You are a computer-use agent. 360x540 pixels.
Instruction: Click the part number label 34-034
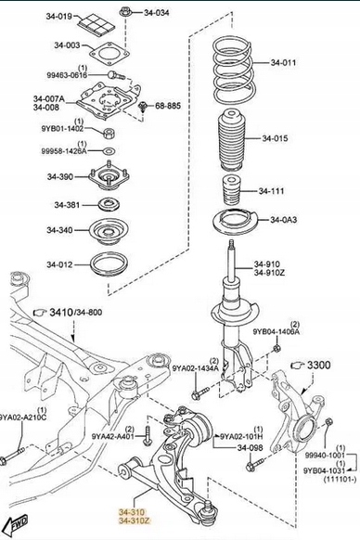pos(157,13)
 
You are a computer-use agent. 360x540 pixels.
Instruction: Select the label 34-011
pos(283,63)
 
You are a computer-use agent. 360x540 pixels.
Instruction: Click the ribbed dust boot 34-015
pos(232,140)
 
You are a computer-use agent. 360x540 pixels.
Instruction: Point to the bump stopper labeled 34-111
pos(230,191)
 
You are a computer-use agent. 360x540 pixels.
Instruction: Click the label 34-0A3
pos(283,220)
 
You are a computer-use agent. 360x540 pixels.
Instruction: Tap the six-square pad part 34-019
pos(93,23)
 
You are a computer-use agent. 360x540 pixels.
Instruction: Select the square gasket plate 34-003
pos(109,54)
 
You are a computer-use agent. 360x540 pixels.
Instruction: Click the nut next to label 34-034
pos(125,13)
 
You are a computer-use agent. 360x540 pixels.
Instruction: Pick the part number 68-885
pos(168,106)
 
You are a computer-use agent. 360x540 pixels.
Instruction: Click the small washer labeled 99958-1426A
pos(109,151)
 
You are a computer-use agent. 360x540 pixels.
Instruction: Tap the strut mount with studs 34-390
pos(109,177)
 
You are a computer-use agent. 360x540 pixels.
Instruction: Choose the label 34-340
pos(60,230)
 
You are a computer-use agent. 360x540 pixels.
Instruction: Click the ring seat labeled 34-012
pos(109,265)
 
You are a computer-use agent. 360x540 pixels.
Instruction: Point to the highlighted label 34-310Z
pos(135,521)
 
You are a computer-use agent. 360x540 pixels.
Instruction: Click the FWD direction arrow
pos(18,524)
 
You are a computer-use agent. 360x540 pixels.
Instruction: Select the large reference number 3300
pos(318,365)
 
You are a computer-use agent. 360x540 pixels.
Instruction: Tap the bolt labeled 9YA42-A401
pos(148,436)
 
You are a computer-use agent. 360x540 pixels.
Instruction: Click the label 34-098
pos(251,448)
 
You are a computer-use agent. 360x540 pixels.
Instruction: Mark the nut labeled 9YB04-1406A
pos(276,349)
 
